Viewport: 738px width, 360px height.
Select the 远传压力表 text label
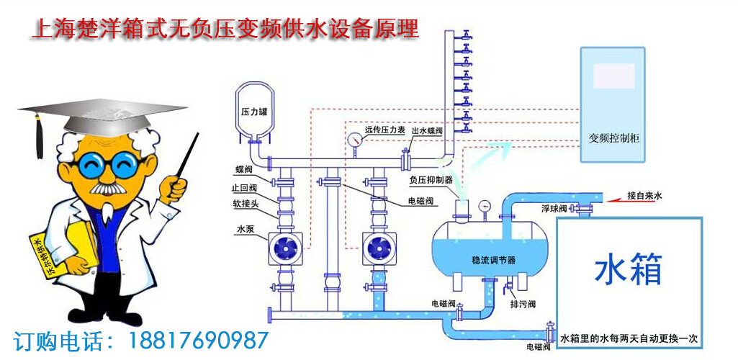(384, 130)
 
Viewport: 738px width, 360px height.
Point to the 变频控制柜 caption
(614, 138)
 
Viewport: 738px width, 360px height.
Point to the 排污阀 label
(523, 305)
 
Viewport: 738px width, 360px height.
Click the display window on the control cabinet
(613, 76)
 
